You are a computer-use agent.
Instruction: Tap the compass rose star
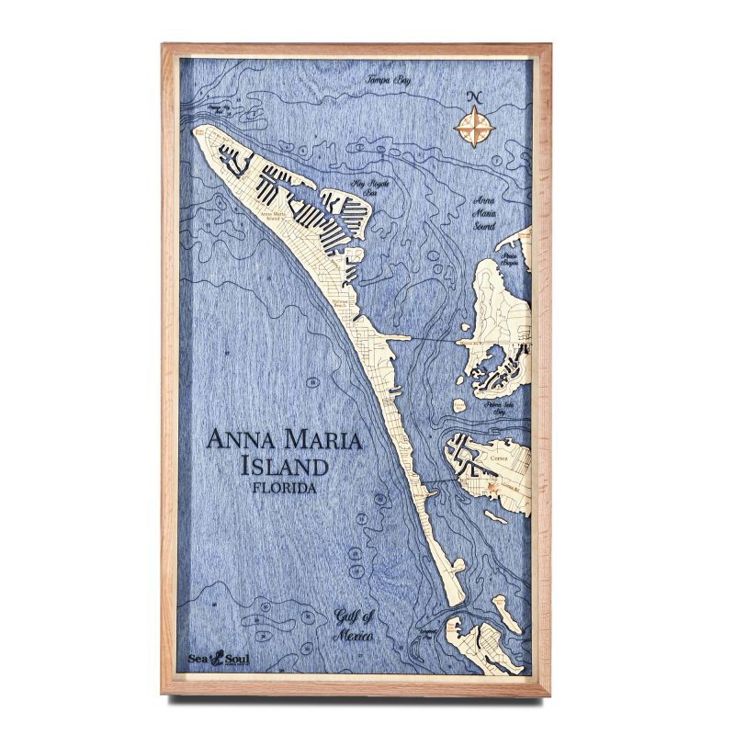475,126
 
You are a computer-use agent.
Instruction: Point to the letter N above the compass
475,97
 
